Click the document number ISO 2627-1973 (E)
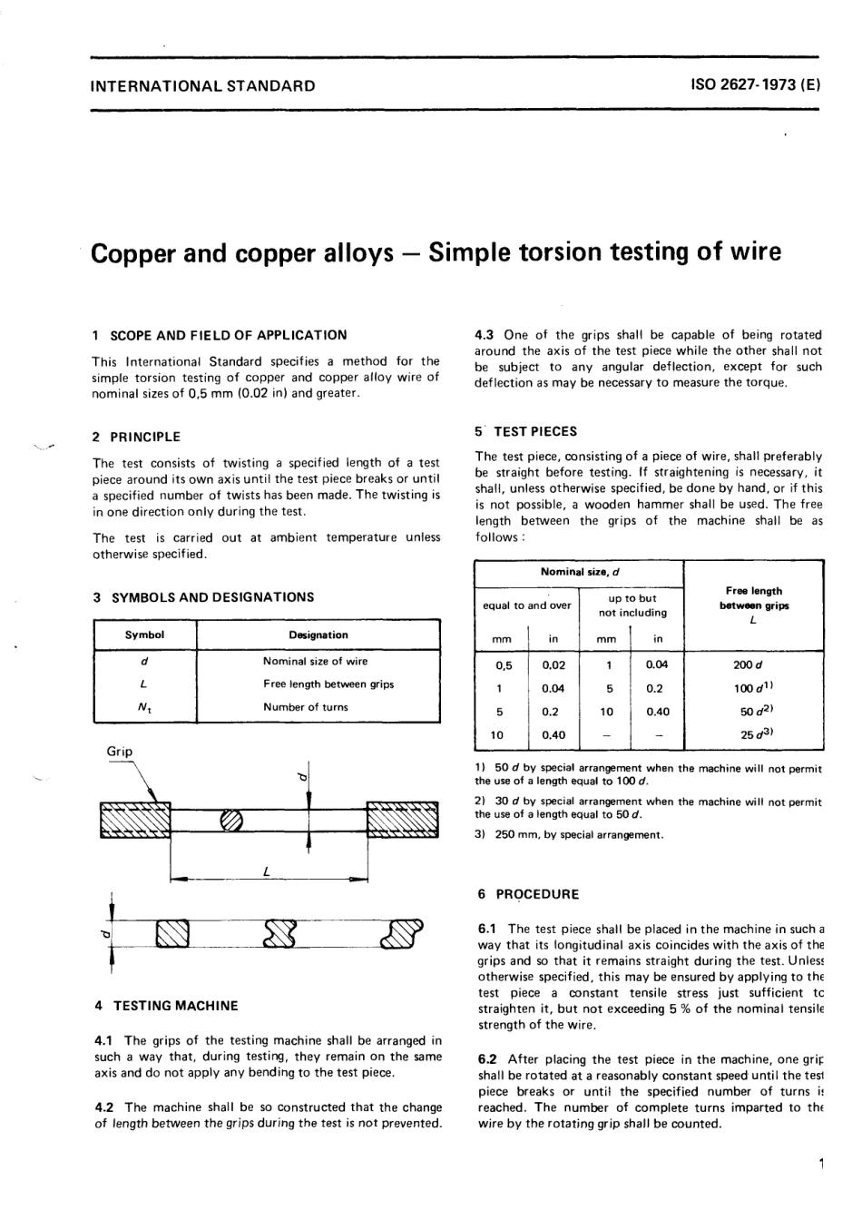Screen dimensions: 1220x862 [756, 87]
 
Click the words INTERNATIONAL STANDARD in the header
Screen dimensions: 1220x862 [203, 87]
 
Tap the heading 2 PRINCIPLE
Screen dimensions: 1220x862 [136, 437]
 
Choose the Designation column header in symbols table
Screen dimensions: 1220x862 [318, 635]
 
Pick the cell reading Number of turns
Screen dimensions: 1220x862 [306, 707]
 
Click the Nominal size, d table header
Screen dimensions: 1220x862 [579, 572]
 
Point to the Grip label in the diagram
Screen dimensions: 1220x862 [120, 752]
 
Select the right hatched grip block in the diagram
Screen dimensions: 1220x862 [402, 822]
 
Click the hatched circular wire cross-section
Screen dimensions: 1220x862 [232, 820]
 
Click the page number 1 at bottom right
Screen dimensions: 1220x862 [819, 1165]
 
